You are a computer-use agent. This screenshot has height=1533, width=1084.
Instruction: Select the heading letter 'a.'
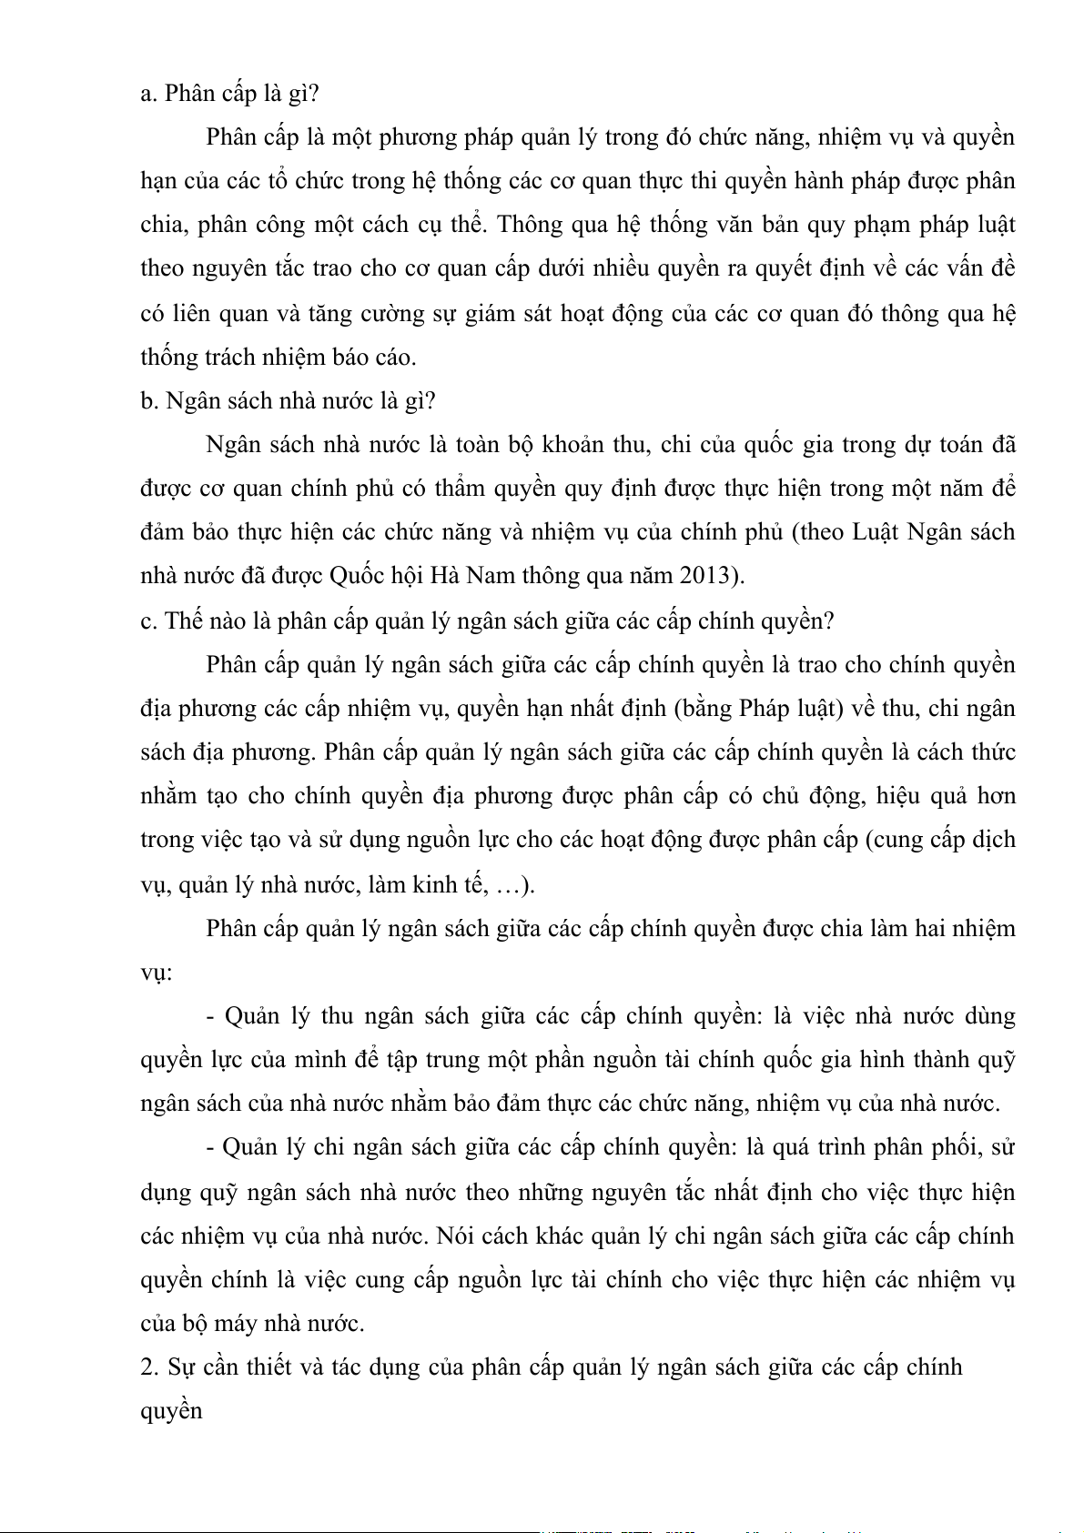149,94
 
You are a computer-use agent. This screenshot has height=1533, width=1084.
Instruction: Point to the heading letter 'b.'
150,401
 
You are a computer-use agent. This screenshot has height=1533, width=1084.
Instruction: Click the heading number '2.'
150,1367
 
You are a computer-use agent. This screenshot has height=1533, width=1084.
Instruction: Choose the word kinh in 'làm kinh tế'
437,884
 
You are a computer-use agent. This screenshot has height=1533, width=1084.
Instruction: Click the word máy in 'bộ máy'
237,1324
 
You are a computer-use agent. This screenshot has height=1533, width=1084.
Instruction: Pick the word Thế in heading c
184,620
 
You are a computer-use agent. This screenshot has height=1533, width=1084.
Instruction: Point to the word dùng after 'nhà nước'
989,1016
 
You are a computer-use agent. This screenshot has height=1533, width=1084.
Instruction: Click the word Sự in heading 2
181,1367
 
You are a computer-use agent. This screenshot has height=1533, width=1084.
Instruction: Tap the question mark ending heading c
827,620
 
